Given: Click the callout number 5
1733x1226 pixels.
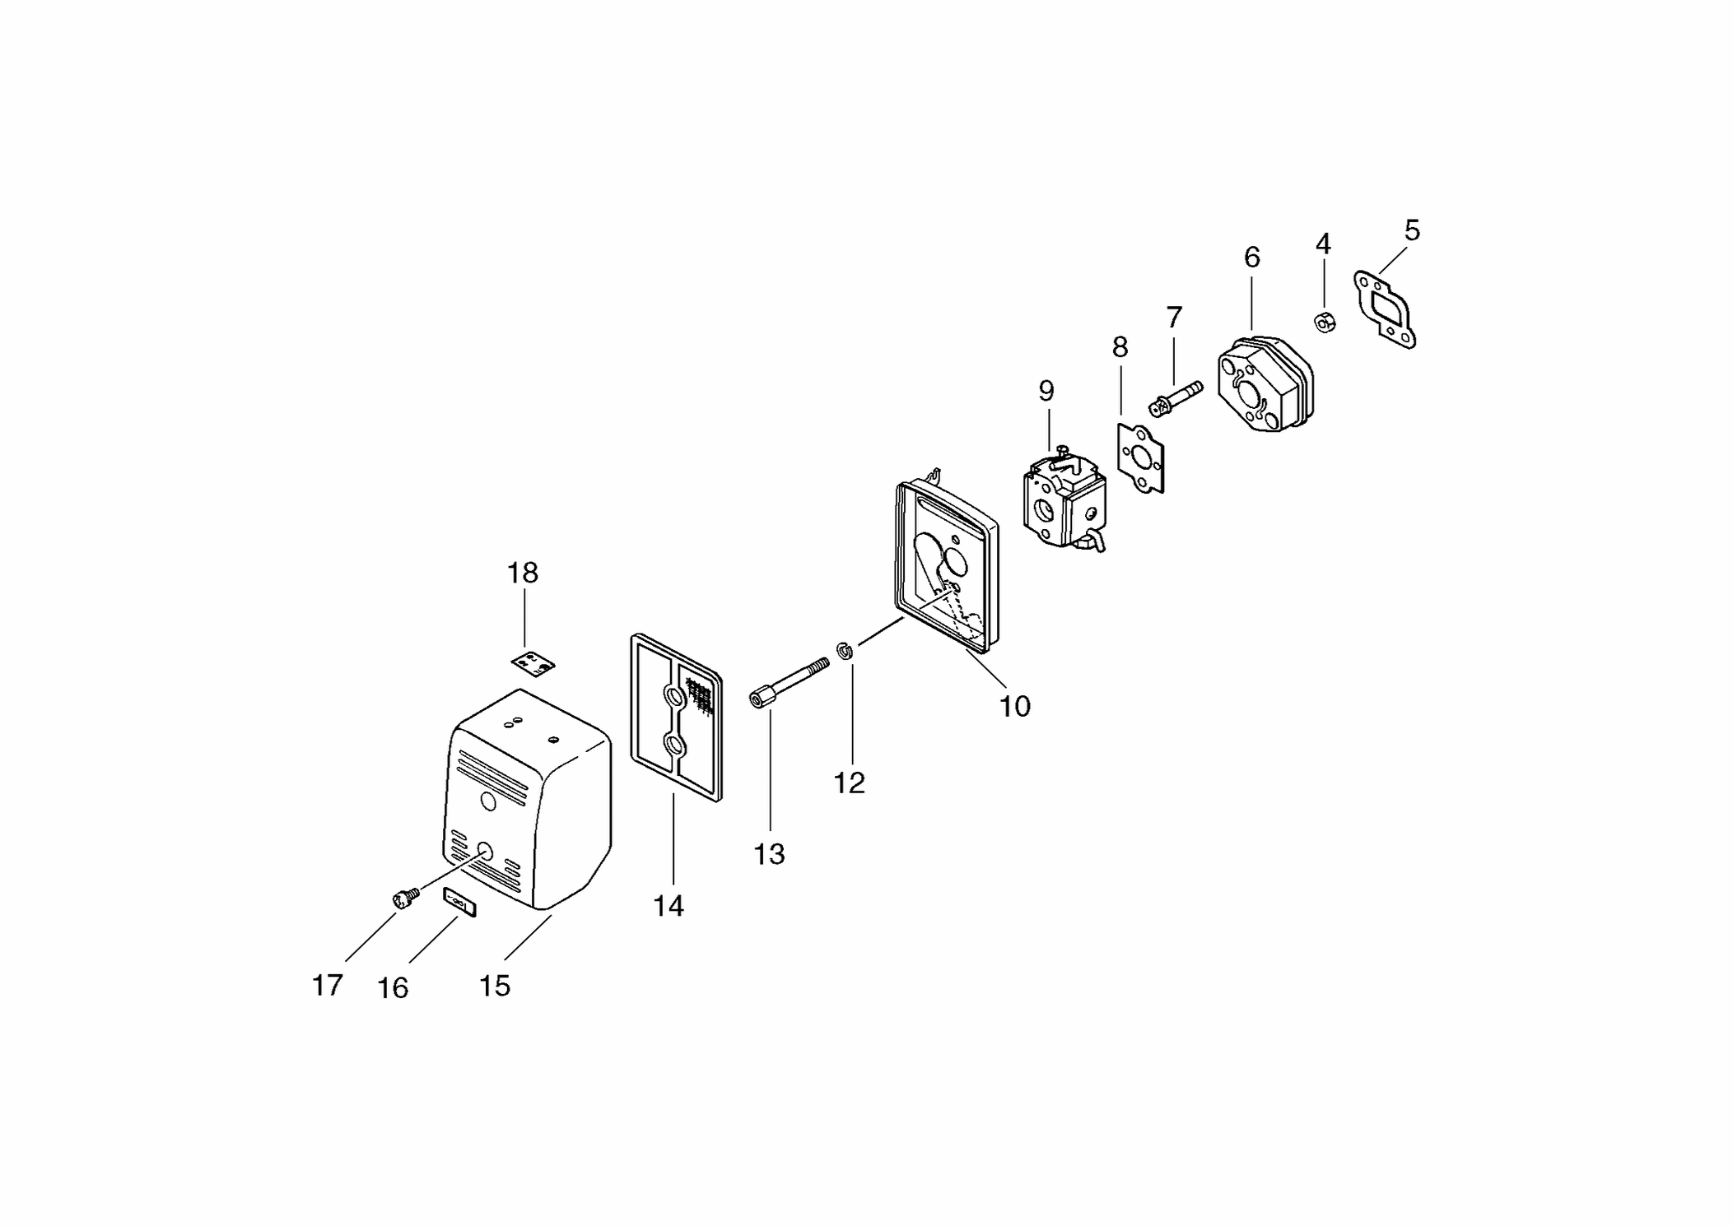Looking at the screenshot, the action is point(1412,230).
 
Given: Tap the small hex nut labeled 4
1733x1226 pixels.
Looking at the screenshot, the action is point(1325,322).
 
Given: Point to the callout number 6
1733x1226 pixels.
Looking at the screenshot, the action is point(1251,258).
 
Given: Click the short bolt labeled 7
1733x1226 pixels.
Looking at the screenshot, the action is point(1176,397).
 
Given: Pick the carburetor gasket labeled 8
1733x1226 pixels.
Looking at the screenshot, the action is point(1140,458).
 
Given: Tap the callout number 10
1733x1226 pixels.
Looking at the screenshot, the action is point(1014,706).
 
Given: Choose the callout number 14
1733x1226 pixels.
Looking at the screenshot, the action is point(669,906).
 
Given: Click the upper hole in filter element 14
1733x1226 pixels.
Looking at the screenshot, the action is point(674,698).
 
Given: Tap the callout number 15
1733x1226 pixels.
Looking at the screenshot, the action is point(495,986).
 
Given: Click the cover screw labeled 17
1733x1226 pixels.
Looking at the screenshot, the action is point(406,899).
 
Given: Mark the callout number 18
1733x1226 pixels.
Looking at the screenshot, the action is point(522,573).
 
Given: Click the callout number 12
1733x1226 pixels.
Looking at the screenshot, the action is point(849,783).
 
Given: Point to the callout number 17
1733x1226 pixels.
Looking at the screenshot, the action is point(327,985).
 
